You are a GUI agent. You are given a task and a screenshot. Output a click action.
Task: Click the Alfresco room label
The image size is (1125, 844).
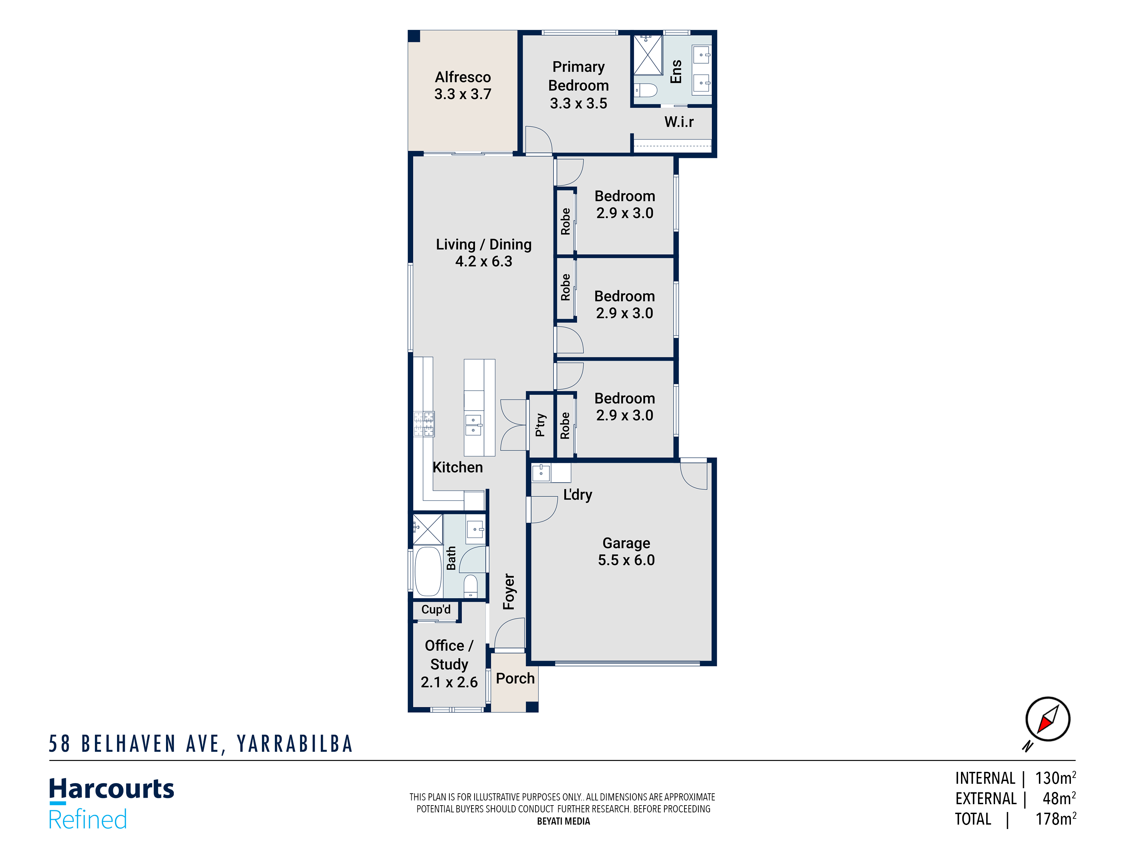pos(462,77)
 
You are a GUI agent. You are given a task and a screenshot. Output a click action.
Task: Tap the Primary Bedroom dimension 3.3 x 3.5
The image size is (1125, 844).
pos(578,103)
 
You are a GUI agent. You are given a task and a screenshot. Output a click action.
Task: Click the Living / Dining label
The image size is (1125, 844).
pos(483,244)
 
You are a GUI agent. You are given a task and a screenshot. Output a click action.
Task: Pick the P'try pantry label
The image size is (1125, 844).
pos(540,425)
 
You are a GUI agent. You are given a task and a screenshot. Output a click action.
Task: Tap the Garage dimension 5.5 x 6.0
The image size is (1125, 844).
pos(626,560)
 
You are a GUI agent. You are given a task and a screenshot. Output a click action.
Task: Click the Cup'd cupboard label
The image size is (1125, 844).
pos(436,610)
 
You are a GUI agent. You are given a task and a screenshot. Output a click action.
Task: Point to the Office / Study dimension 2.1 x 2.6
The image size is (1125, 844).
pos(449,682)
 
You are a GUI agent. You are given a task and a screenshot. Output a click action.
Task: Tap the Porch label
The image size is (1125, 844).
pos(515,678)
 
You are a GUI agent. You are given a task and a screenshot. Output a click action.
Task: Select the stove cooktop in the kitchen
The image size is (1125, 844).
pos(424,424)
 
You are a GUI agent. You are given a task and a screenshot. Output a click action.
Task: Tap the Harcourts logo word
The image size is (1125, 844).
pos(111,789)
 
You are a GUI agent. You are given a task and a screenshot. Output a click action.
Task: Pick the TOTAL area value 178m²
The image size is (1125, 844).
pos(1055,819)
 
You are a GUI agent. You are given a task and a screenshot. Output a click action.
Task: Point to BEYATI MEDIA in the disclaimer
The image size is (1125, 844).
pos(563,821)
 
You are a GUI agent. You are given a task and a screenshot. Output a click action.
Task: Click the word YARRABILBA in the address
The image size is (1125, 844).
pos(295,744)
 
